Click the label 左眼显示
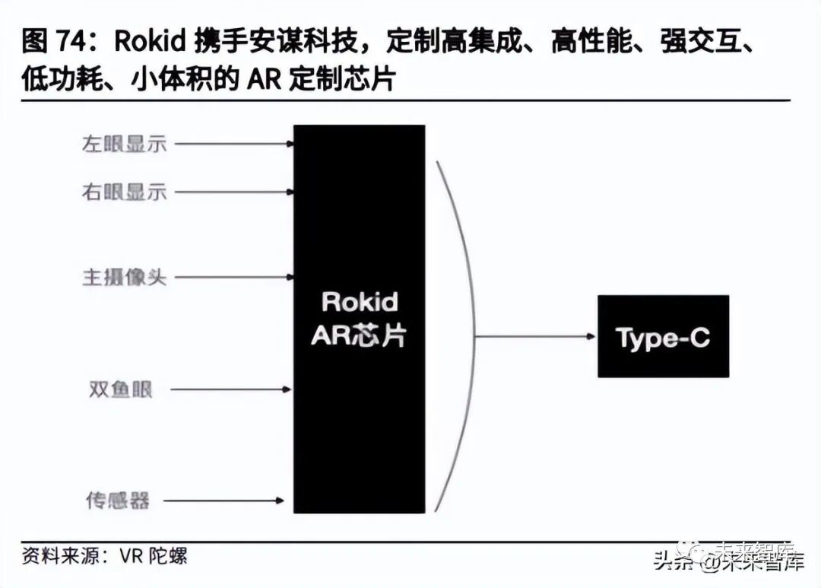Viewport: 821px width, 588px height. pos(124,143)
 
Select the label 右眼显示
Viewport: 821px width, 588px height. pos(124,191)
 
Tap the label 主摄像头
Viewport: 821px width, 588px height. pos(124,277)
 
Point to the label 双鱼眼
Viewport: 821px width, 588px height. pos(120,389)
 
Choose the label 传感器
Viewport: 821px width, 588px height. pos(117,501)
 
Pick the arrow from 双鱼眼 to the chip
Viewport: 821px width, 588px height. pos(231,389)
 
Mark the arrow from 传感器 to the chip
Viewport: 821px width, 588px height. pos(228,501)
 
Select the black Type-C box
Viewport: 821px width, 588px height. pos(663,336)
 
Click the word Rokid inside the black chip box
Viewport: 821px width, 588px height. pos(360,302)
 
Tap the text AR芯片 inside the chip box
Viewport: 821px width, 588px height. pos(359,336)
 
